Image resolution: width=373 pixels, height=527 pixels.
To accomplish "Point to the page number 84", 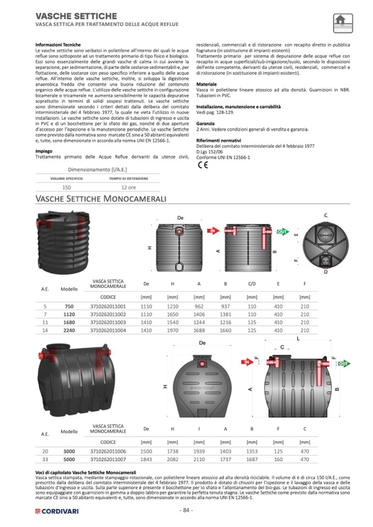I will click(186, 511).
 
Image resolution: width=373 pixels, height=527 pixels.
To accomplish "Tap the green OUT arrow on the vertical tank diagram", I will click(282, 232).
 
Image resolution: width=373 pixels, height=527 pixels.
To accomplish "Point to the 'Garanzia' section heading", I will click(205, 124).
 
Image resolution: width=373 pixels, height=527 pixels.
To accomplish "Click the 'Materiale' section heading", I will click(206, 84).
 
